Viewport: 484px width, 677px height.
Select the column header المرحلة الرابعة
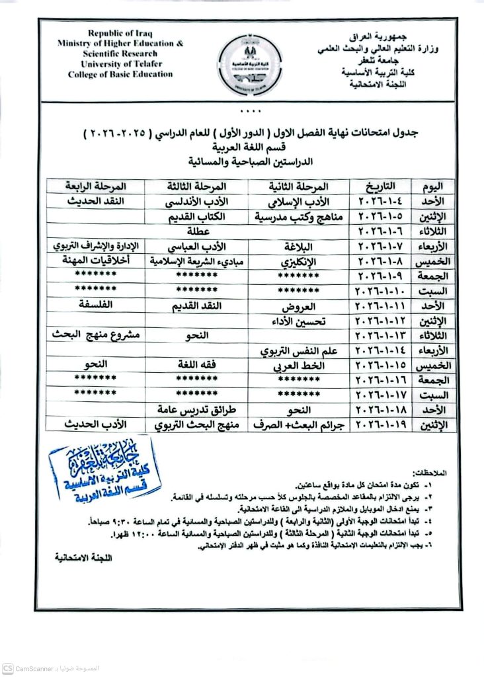click(x=97, y=186)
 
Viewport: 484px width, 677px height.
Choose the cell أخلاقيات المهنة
click(x=97, y=262)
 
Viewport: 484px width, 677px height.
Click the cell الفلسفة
click(x=97, y=305)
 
